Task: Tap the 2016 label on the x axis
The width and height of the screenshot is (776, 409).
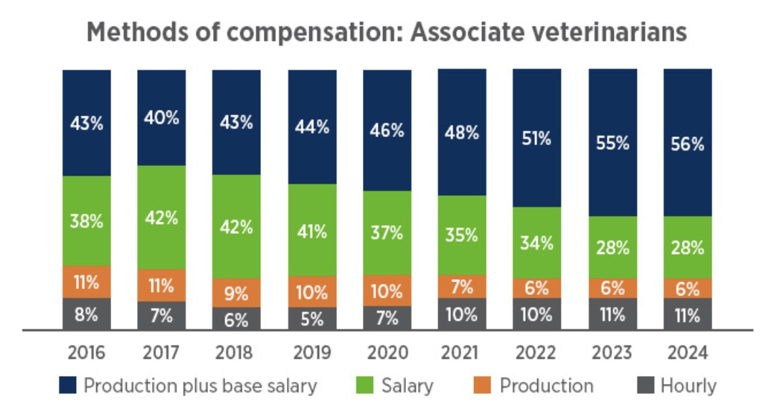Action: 87,353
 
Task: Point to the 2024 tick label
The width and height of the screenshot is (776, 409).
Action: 687,353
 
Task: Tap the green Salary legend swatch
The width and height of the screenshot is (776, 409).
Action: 366,386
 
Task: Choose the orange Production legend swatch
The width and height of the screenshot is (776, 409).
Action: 483,386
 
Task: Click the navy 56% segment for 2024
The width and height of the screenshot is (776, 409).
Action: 687,144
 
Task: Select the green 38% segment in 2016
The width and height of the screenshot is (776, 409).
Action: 87,221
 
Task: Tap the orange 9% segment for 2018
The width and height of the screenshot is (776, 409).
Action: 237,293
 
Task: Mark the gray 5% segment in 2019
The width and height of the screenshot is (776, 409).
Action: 312,319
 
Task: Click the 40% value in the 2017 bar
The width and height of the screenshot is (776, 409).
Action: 161,118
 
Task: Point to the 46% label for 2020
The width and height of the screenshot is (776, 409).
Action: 387,131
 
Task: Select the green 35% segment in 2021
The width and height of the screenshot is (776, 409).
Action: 462,235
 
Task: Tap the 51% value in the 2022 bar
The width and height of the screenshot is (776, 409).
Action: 537,138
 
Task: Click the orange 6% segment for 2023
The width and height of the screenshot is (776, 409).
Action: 612,288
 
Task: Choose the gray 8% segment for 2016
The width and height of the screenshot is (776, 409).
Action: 87,314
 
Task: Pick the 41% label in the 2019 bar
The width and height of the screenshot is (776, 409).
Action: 312,230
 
